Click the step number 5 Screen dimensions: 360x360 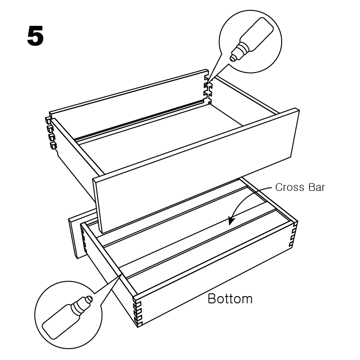(x=35, y=36)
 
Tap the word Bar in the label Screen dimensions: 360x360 (x=317, y=187)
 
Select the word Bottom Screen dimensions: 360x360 (x=230, y=299)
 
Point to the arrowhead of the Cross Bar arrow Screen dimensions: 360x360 (x=231, y=220)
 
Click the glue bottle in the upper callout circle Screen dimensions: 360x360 (x=252, y=39)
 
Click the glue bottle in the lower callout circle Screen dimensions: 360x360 (x=67, y=317)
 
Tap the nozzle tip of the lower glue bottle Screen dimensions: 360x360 (x=90, y=298)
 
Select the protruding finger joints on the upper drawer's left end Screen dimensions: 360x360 (x=51, y=133)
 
